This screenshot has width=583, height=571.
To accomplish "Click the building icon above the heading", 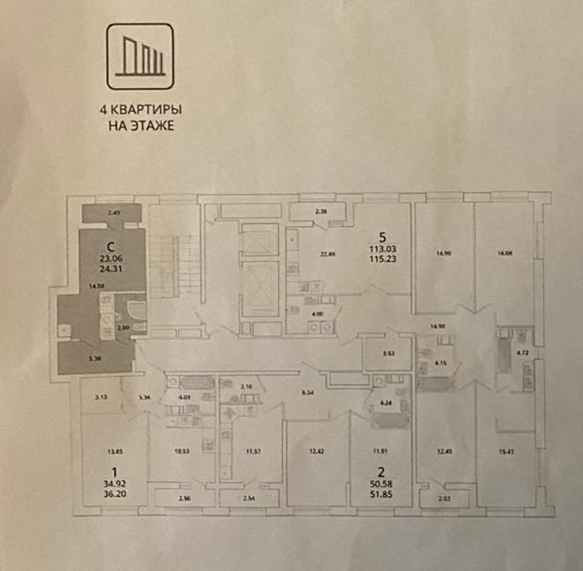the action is coord(140,57).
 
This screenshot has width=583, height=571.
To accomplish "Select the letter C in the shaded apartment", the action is coord(110,245).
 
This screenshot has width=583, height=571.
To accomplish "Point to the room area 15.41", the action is coord(507,451).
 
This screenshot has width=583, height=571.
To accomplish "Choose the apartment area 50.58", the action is coord(380,484).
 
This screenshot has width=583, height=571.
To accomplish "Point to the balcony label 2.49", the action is coord(113,212).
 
